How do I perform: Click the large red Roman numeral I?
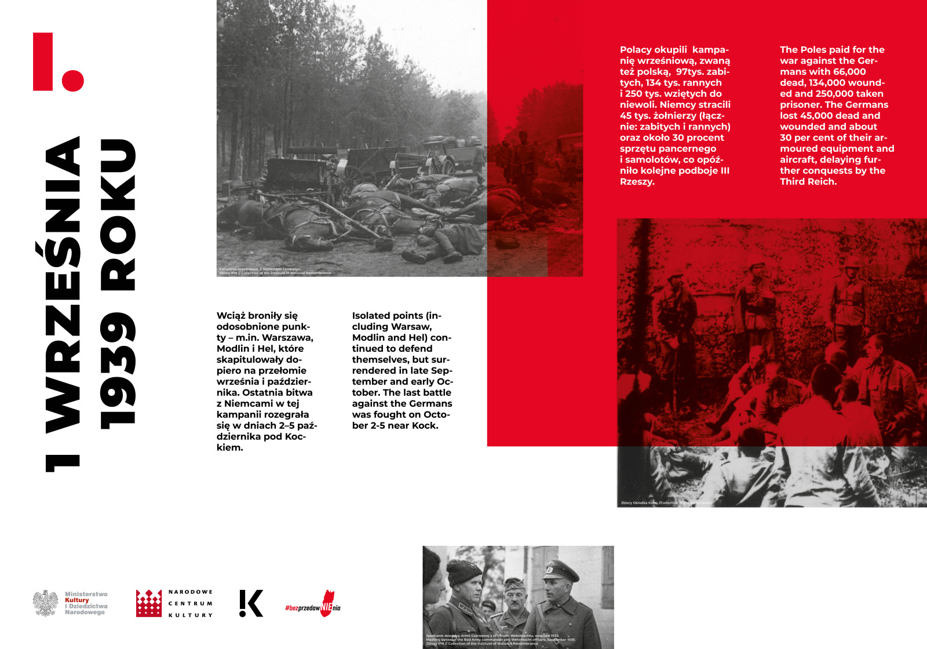coord(43,61)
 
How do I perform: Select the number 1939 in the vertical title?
coord(118,371)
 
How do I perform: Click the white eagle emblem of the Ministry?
coord(45,603)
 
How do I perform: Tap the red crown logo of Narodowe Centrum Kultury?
coord(149,603)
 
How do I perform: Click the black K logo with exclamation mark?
coord(251,603)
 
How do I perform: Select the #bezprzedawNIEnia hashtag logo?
coord(313,606)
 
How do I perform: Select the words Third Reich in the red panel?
coord(808,182)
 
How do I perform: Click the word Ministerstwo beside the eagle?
coord(86,594)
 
